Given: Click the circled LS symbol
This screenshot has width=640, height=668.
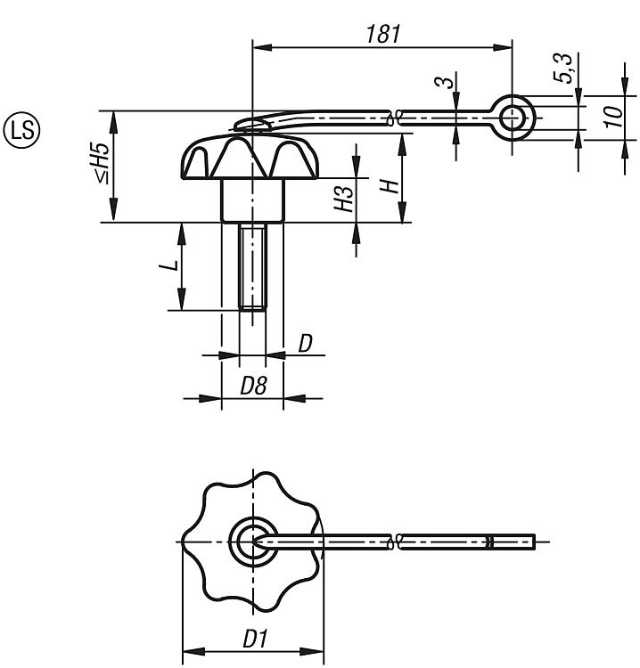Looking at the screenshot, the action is click(x=21, y=130).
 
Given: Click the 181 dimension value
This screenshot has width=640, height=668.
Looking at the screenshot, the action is click(x=383, y=34).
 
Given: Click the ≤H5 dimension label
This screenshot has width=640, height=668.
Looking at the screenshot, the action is click(x=103, y=162).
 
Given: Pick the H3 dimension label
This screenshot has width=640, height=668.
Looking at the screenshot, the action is click(x=345, y=199).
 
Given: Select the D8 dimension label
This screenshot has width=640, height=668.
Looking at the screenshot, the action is click(x=253, y=386).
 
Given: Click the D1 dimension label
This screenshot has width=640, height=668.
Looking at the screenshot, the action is click(x=255, y=639).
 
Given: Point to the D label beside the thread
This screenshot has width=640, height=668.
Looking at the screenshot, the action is click(x=305, y=344).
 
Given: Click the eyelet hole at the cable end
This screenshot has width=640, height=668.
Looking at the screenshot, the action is click(x=512, y=118).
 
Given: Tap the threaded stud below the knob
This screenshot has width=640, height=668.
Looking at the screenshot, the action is click(x=252, y=267).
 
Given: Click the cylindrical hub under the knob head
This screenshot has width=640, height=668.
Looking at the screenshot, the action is click(x=252, y=200).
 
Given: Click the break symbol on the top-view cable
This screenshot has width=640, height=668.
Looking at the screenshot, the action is click(x=395, y=542).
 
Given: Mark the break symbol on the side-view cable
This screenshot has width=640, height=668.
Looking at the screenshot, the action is click(x=395, y=118).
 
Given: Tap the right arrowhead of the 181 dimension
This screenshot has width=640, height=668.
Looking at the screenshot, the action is click(x=502, y=47).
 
